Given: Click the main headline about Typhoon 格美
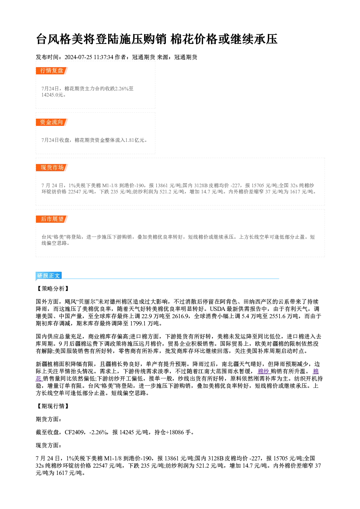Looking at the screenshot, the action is [x=156, y=39].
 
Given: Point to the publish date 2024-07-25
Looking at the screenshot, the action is [x=78, y=57].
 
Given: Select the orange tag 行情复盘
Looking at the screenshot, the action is [x=52, y=71].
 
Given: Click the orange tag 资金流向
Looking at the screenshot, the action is [x=52, y=122].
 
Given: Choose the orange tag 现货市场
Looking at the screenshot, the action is [x=52, y=168].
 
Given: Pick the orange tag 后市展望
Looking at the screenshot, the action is [x=52, y=219].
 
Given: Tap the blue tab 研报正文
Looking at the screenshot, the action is [x=49, y=275].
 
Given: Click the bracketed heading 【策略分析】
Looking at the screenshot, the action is [x=53, y=288].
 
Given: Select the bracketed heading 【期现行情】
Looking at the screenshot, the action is [x=53, y=406].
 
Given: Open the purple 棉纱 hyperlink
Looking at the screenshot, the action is [x=263, y=371].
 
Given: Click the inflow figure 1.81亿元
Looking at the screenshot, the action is [x=135, y=140].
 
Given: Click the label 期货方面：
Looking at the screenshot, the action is [x=49, y=419].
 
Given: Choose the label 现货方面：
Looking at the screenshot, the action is [x=49, y=446].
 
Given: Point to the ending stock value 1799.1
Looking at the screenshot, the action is [x=138, y=323].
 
